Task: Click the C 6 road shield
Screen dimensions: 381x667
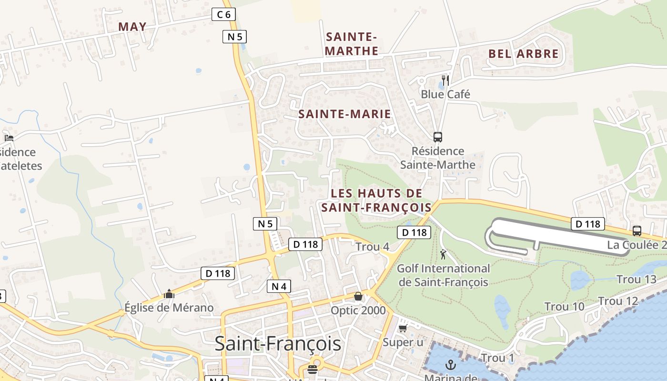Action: tap(223, 15)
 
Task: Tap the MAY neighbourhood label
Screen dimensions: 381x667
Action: tap(132, 27)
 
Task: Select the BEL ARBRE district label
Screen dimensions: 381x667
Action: tap(523, 54)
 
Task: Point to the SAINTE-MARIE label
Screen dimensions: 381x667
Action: tap(344, 114)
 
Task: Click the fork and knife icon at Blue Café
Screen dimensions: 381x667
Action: tap(445, 80)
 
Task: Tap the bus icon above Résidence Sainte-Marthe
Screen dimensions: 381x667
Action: tap(438, 137)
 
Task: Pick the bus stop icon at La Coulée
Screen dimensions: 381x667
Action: tap(637, 231)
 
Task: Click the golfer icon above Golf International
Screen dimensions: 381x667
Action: tap(444, 254)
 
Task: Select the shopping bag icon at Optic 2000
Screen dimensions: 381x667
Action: tap(358, 296)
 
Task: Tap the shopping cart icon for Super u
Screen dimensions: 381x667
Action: tap(403, 328)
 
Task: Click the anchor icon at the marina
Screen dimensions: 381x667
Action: tap(450, 365)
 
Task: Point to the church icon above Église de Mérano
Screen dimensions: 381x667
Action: tap(169, 294)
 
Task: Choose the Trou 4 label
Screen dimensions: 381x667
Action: tap(373, 247)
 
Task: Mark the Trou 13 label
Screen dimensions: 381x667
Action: tap(636, 279)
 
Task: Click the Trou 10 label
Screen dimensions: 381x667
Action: tap(564, 306)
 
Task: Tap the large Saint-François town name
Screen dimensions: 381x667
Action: tap(278, 343)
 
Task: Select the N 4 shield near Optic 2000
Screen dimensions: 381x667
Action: tap(279, 286)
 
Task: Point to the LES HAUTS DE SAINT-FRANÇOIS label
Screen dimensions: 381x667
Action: tap(376, 200)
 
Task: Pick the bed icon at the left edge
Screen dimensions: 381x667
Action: tap(9, 138)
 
